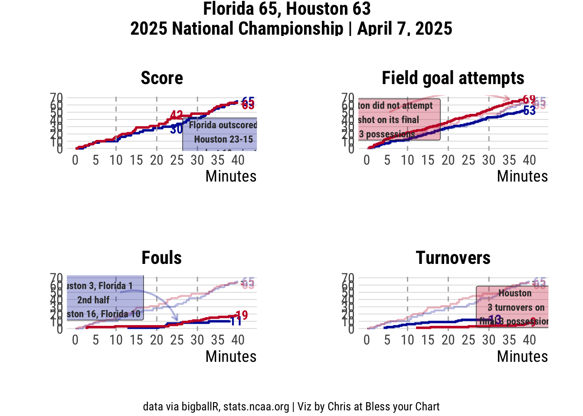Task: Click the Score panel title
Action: click(x=162, y=78)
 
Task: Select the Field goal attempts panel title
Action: click(x=453, y=78)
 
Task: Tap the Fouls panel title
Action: click(x=161, y=258)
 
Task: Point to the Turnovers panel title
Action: click(x=453, y=258)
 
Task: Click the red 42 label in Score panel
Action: click(x=177, y=116)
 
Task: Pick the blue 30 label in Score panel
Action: click(x=176, y=129)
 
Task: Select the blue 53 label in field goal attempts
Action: click(x=529, y=110)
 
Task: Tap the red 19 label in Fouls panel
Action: click(x=242, y=315)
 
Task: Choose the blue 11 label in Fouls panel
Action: click(x=236, y=322)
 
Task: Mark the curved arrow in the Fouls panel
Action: click(x=156, y=299)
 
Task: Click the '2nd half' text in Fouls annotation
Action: click(x=93, y=300)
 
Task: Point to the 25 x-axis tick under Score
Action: click(x=177, y=160)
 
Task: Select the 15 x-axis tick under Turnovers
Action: click(x=428, y=340)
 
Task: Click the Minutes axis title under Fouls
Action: click(x=231, y=357)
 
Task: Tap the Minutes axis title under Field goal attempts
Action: click(x=522, y=176)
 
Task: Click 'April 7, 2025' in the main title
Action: click(x=405, y=29)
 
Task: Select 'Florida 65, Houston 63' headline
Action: click(x=287, y=9)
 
